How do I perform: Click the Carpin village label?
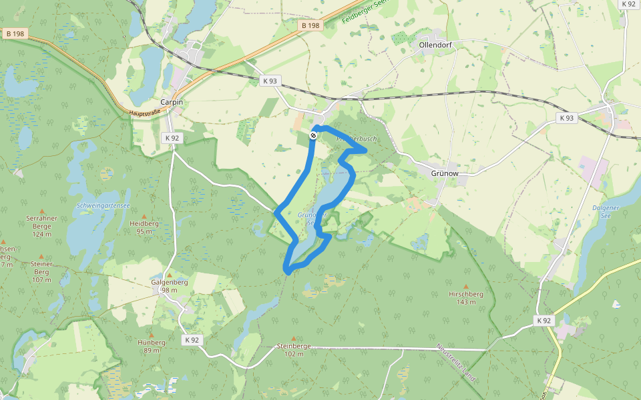(x=172, y=102)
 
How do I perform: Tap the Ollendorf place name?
(x=437, y=45)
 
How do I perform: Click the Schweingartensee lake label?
(x=103, y=205)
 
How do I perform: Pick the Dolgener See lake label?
(x=606, y=211)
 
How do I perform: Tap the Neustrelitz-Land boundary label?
(x=457, y=363)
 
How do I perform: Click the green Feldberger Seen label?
(x=364, y=11)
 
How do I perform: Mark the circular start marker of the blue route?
(x=313, y=135)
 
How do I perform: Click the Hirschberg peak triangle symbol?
(x=467, y=285)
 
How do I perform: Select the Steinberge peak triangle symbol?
(x=294, y=338)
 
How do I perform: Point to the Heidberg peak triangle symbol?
(x=145, y=215)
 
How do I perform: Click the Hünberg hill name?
(x=152, y=342)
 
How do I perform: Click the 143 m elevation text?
(x=467, y=301)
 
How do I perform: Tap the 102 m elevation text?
(x=294, y=354)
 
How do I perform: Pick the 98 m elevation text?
(x=169, y=290)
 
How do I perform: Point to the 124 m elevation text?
(x=41, y=235)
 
